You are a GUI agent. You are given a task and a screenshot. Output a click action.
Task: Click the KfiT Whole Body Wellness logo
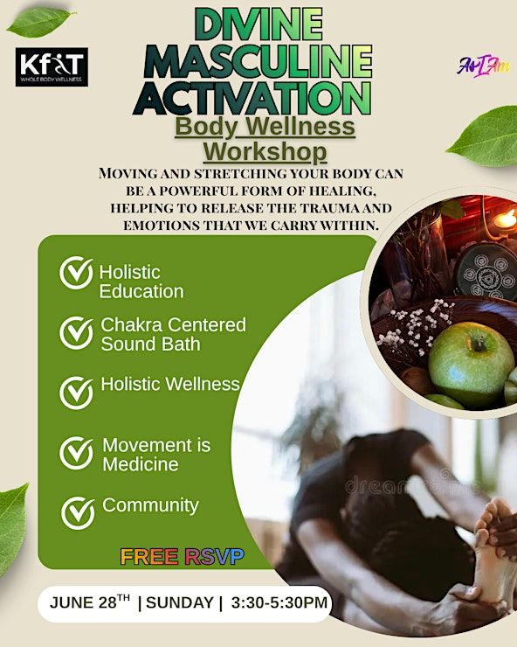[52, 66]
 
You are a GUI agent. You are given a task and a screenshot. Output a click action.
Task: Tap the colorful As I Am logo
[483, 66]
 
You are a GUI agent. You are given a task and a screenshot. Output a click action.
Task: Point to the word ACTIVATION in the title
[252, 98]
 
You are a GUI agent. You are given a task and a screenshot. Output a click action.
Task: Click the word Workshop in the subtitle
[265, 151]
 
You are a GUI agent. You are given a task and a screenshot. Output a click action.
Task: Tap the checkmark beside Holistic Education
[76, 273]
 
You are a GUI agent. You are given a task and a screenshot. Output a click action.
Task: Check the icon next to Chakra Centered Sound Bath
[76, 333]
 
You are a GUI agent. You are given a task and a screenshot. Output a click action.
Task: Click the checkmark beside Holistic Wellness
[76, 393]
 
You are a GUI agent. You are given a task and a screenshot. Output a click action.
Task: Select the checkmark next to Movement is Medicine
[76, 453]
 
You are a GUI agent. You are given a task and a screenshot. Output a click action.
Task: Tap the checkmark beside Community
[78, 513]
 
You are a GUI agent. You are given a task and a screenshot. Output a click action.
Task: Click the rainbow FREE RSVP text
[183, 557]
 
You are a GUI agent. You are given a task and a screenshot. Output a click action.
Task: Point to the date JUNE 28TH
[90, 602]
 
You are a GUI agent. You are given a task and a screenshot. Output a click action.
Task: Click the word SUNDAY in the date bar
[180, 603]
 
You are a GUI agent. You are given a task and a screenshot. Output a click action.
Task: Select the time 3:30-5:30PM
[279, 603]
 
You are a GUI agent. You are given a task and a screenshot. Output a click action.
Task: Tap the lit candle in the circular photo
[504, 219]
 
